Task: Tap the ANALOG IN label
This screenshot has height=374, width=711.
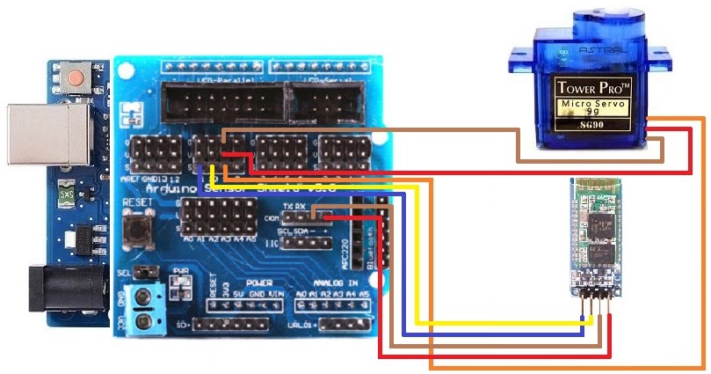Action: click(329, 283)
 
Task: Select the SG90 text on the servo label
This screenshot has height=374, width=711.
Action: click(597, 126)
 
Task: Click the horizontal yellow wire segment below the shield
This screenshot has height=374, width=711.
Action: click(501, 324)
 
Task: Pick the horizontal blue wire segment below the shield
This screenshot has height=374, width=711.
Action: click(492, 334)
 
